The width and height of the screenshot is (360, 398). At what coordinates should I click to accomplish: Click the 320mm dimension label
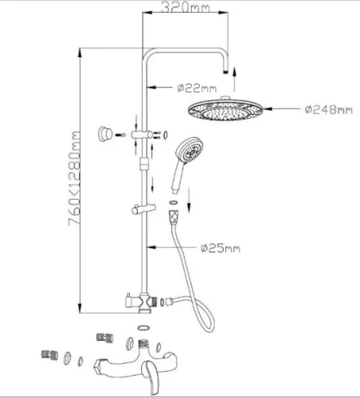[x=186, y=7]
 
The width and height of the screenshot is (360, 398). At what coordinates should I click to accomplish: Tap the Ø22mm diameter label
[x=197, y=88]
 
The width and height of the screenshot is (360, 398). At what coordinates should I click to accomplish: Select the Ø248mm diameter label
[x=329, y=109]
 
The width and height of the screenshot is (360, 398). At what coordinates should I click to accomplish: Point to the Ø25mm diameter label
[x=221, y=248]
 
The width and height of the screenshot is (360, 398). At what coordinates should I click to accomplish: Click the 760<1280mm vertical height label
[x=74, y=178]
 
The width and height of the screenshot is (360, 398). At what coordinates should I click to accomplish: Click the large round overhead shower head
[x=225, y=109]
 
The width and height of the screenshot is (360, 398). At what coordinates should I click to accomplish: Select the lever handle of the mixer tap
[x=150, y=377]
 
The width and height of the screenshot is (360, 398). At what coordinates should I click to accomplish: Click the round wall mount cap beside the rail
[x=105, y=134]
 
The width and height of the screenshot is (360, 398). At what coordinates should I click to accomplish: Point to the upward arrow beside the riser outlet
[x=234, y=79]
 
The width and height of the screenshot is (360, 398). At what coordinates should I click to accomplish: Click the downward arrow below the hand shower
[x=189, y=201]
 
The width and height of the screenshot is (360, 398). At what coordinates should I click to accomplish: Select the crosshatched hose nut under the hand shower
[x=174, y=216]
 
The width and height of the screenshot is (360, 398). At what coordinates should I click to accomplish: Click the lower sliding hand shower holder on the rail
[x=143, y=209]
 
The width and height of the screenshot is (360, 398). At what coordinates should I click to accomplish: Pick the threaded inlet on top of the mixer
[x=144, y=344]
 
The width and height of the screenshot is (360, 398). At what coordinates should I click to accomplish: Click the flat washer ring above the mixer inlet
[x=144, y=327]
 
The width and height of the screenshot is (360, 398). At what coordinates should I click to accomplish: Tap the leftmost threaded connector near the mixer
[x=49, y=355]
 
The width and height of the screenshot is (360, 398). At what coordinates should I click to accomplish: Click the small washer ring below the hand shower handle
[x=173, y=202]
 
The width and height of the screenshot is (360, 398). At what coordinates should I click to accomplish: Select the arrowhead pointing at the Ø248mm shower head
[x=267, y=109]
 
